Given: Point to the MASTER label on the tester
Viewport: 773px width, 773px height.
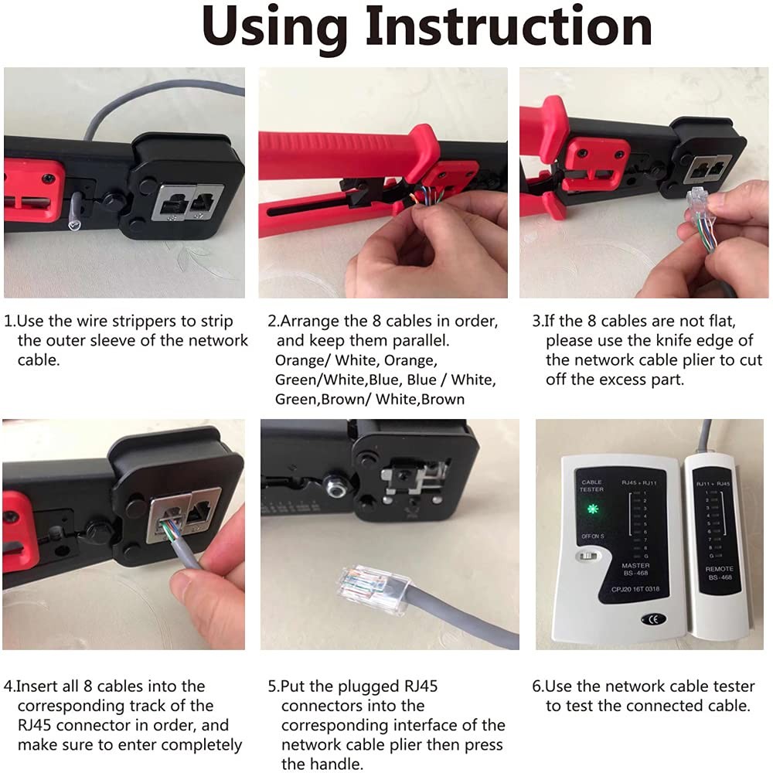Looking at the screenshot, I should tap(635, 567).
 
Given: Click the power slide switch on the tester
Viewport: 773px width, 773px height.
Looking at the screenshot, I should tap(589, 555).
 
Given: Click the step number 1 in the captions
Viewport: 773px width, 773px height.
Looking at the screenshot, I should tap(9, 321).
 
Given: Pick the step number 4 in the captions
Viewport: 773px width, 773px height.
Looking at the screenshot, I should tap(9, 686).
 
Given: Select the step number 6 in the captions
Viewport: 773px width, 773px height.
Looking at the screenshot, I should tap(537, 686).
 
